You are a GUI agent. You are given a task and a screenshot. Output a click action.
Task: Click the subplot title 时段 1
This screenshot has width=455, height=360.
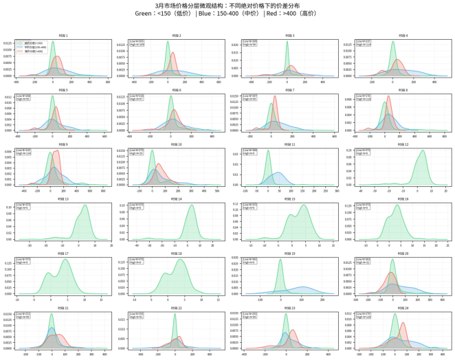coord(62,35)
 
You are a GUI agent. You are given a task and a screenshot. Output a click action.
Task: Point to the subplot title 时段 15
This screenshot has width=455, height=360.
coord(289,199)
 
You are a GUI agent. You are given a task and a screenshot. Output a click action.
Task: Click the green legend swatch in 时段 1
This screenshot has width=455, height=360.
coord(21,43)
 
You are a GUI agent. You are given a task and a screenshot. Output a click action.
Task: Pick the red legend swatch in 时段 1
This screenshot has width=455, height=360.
coord(21,51)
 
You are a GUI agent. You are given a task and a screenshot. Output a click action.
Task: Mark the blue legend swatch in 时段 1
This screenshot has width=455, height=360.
coord(21,47)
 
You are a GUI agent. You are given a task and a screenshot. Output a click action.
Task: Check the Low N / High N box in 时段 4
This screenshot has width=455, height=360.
coord(364,43)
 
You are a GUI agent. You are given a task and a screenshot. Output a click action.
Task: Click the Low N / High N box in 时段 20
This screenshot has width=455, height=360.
coord(363,260)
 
